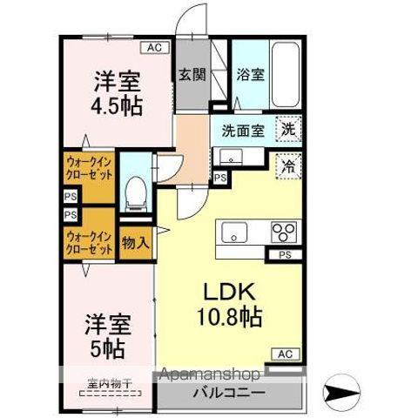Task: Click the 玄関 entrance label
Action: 192,75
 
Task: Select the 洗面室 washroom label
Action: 241,132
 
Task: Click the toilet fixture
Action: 135,191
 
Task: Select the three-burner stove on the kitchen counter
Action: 284,232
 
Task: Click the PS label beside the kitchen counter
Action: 284,254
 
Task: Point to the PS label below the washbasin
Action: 220,179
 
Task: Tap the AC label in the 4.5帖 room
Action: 153,49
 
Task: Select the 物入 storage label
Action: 134,241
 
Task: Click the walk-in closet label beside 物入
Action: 89,241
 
